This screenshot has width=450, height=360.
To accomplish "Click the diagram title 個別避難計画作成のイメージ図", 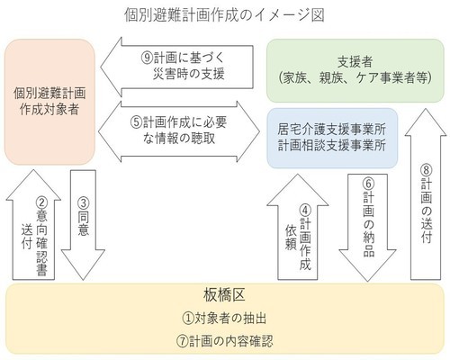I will click(x=225, y=14).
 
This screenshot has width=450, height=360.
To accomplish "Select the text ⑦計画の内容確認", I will click(x=225, y=341).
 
